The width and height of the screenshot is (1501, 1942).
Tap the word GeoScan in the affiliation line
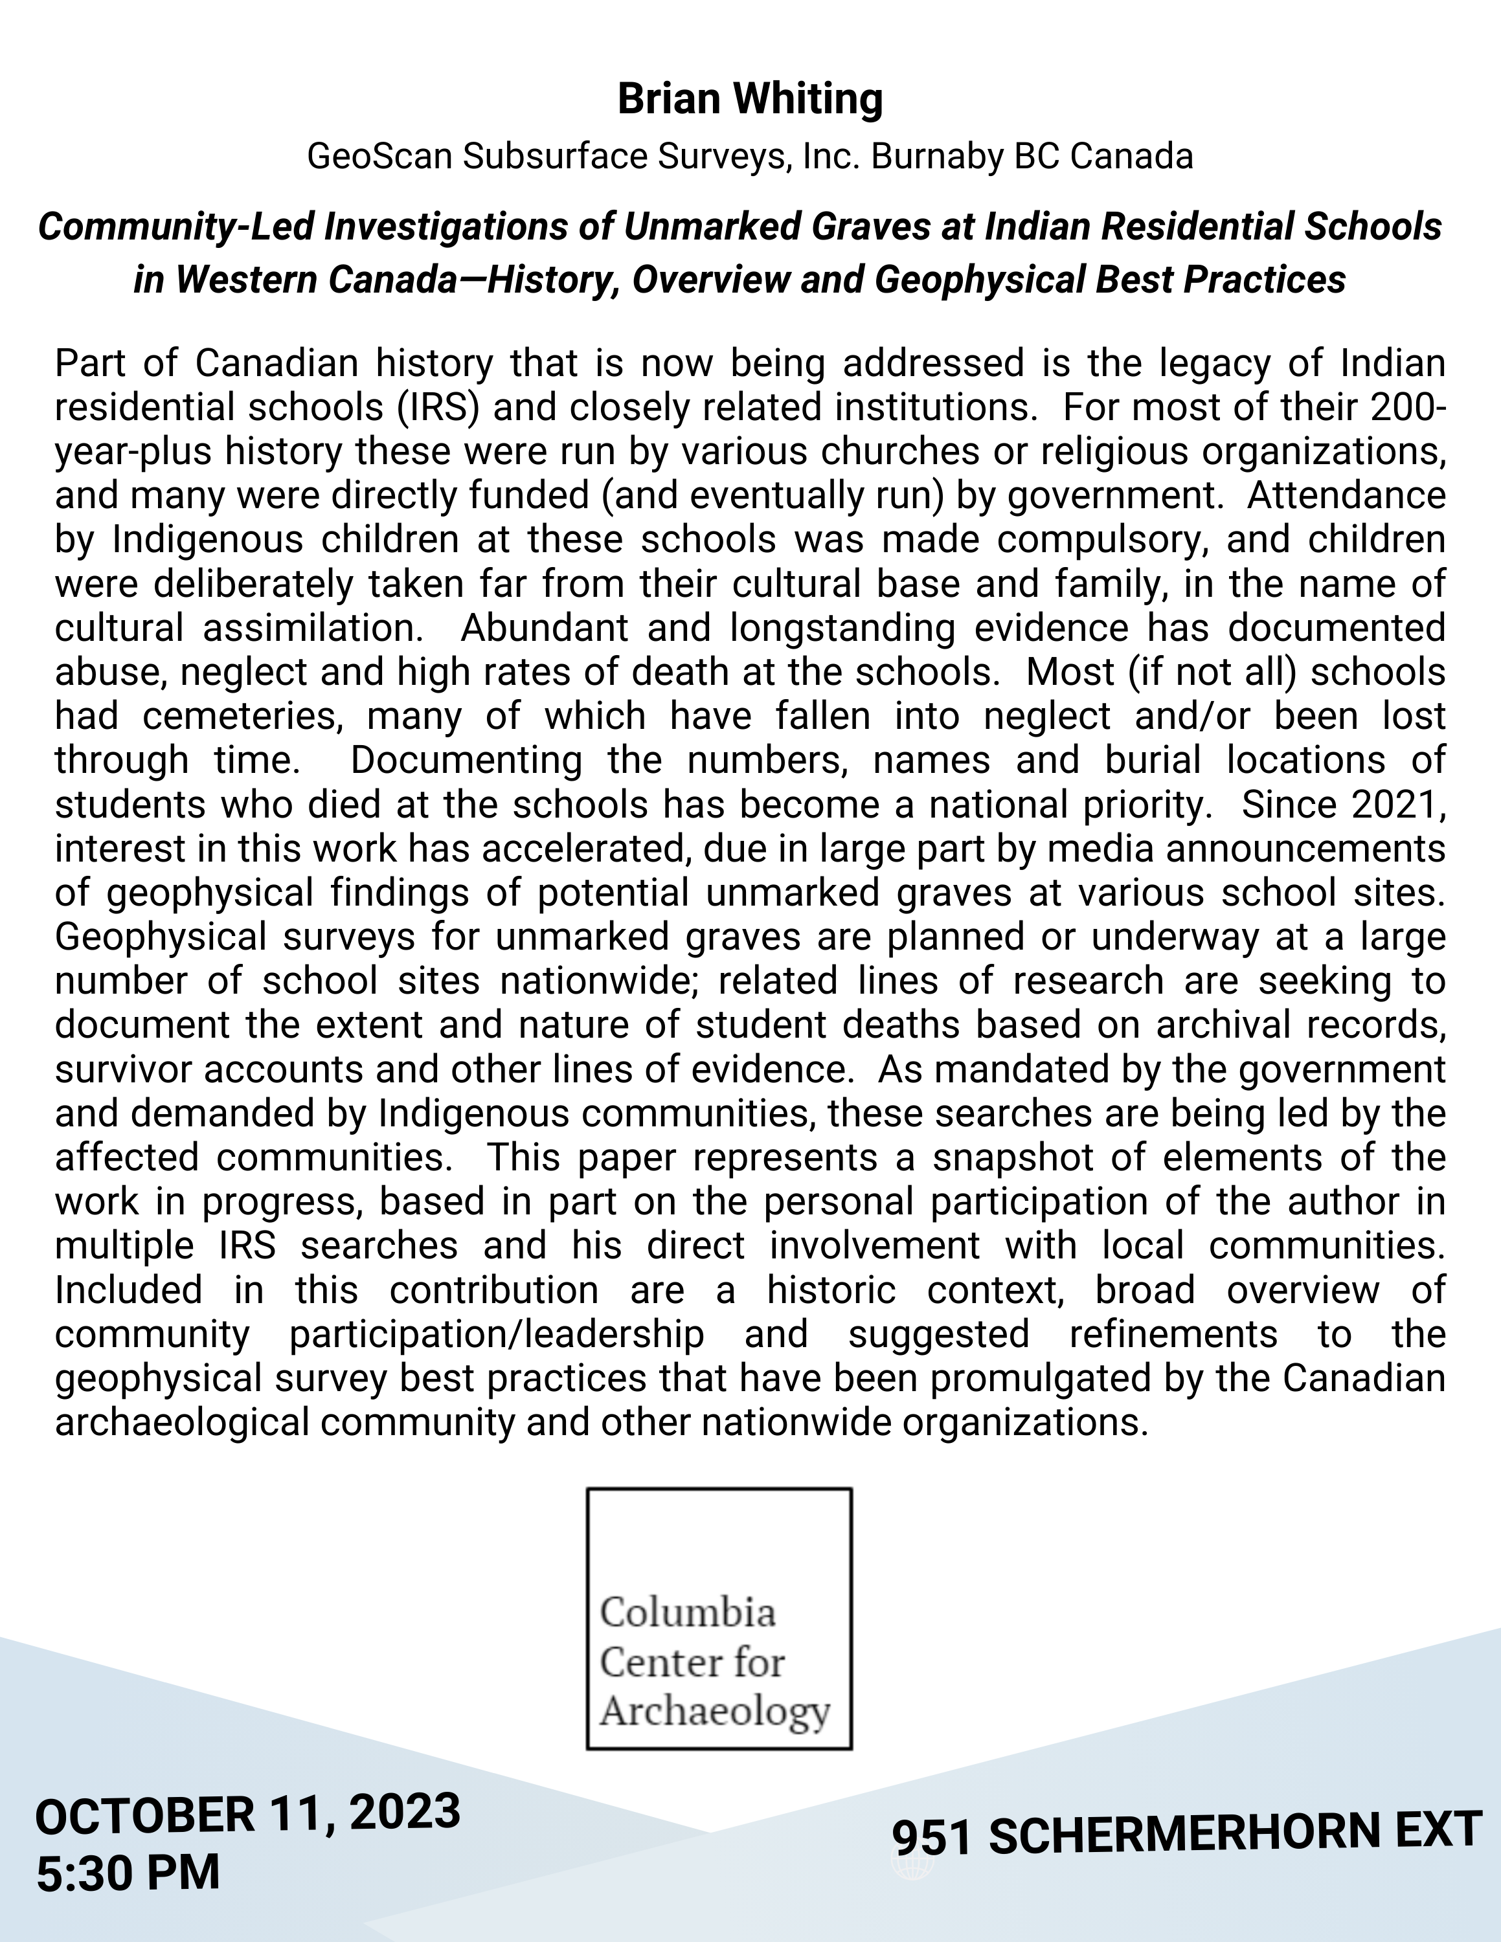pos(379,157)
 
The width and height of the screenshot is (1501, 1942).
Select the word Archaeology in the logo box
pos(715,1711)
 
